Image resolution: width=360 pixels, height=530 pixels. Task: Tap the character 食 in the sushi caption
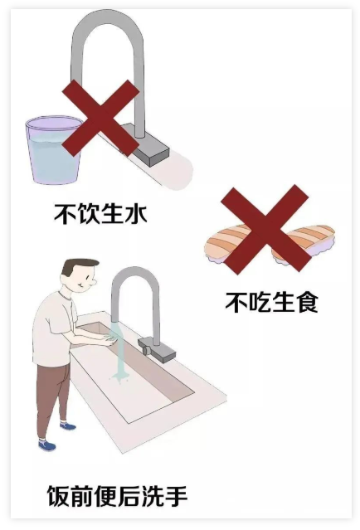(x=306, y=302)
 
